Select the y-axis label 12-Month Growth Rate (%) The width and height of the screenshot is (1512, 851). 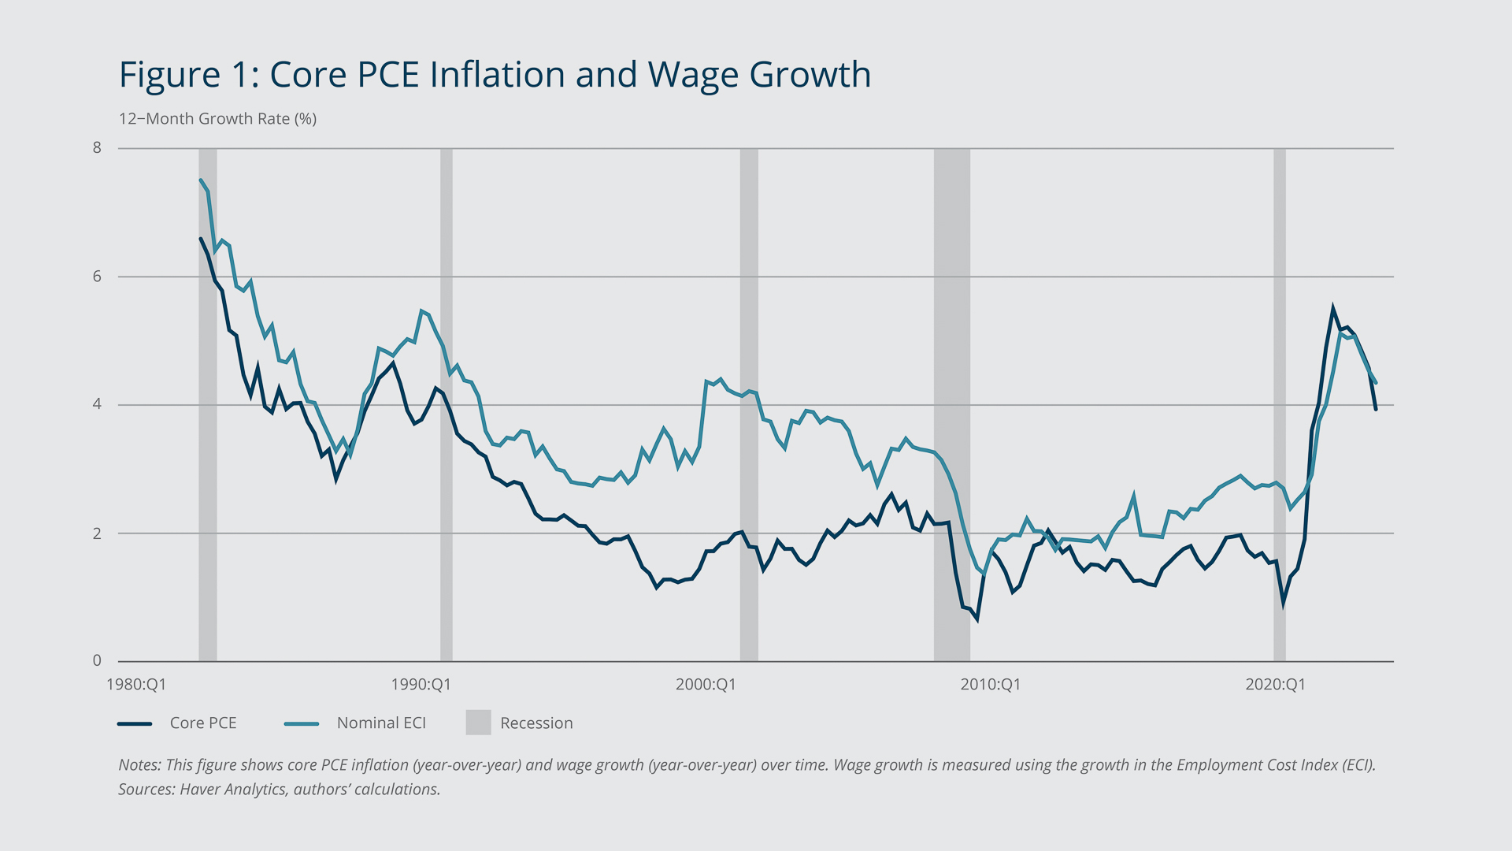[217, 119]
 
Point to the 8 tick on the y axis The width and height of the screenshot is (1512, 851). [97, 147]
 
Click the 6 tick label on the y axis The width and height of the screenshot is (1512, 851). [97, 276]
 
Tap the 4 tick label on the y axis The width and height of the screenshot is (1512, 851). [97, 404]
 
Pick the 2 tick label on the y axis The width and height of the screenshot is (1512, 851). [97, 533]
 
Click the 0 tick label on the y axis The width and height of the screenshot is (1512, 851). [97, 660]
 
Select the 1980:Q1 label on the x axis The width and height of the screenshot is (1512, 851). [136, 684]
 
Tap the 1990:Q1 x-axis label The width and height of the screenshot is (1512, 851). [421, 684]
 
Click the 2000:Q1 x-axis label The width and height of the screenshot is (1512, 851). [706, 684]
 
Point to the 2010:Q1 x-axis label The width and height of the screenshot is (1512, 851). [990, 684]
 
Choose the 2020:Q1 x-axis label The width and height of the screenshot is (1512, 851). [1275, 684]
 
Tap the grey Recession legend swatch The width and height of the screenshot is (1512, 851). [478, 723]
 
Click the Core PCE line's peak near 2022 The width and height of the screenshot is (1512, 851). [1332, 309]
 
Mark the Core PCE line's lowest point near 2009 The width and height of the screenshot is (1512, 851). [976, 619]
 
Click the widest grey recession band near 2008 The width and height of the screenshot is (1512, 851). [951, 394]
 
